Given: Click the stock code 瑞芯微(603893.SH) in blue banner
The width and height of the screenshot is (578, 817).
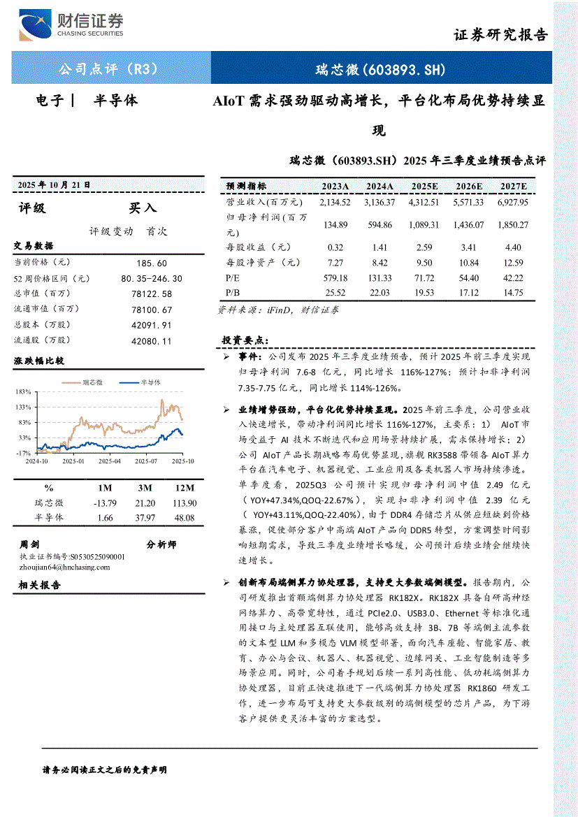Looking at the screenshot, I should pyautogui.click(x=380, y=69).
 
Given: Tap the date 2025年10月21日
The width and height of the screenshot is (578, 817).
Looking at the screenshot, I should pyautogui.click(x=54, y=185).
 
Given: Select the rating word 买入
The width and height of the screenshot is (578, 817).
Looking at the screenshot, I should pyautogui.click(x=143, y=208).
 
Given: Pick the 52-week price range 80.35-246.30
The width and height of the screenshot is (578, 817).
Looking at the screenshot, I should pyautogui.click(x=152, y=278).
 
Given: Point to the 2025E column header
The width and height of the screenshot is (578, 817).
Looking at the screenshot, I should pyautogui.click(x=425, y=186).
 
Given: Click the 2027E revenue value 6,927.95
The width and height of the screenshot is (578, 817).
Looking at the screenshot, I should pyautogui.click(x=513, y=202).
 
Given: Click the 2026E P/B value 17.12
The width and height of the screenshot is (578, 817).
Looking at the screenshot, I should pyautogui.click(x=468, y=293).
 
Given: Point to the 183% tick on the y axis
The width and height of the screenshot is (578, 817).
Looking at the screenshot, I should pyautogui.click(x=24, y=391).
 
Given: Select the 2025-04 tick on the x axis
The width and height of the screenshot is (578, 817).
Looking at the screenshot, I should pyautogui.click(x=109, y=461).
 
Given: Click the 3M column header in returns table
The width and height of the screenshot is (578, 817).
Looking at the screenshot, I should pyautogui.click(x=145, y=488).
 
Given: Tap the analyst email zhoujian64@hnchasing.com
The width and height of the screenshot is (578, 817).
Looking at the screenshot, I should pyautogui.click(x=65, y=567).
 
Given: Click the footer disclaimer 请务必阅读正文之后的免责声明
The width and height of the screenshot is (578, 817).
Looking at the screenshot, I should pyautogui.click(x=105, y=769).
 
